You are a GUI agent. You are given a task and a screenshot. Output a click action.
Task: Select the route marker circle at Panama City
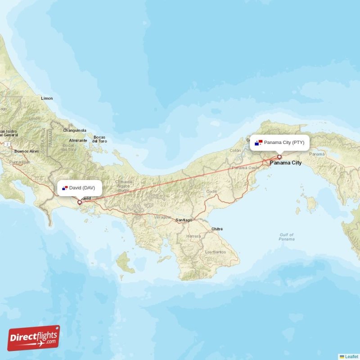[x=279, y=157]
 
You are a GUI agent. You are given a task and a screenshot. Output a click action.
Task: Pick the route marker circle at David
[x=80, y=202]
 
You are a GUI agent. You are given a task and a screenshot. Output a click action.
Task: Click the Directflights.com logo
[x=34, y=338]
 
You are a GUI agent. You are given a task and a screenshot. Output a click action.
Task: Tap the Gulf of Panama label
[x=287, y=237]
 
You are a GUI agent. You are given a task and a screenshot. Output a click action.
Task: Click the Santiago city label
[x=184, y=220]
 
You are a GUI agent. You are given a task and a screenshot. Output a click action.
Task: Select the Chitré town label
[x=217, y=229]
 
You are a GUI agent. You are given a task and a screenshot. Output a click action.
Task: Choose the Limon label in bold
[x=47, y=98]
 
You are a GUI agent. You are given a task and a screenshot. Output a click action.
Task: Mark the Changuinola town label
[x=74, y=130]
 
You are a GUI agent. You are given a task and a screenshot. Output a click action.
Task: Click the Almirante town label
[x=78, y=140]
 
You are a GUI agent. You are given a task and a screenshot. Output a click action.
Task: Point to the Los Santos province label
[x=215, y=252]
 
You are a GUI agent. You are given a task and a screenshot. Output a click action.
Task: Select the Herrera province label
[x=193, y=236]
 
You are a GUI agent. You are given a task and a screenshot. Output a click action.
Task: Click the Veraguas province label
[x=163, y=217]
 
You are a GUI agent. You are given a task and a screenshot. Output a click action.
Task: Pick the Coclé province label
[x=211, y=191]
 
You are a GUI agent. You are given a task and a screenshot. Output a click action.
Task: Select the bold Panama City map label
[x=286, y=163]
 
